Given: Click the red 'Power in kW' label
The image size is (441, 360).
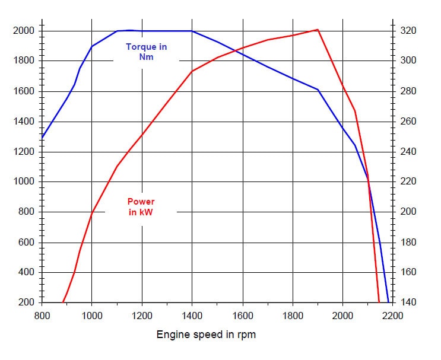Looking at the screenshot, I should (x=141, y=207).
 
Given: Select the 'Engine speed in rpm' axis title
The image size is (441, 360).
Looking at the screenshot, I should (x=206, y=334).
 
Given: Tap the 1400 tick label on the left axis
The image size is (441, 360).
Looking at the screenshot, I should (x=24, y=122).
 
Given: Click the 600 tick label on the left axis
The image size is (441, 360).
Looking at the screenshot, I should (x=27, y=243).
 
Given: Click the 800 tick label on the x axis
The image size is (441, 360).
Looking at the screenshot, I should (x=42, y=316).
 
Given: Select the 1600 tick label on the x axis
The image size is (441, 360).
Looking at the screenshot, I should (x=242, y=316).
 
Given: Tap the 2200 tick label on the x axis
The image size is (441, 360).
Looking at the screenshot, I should (x=392, y=316).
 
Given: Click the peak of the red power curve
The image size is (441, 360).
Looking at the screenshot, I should (x=318, y=30).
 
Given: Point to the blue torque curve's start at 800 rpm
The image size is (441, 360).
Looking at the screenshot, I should (x=42, y=138).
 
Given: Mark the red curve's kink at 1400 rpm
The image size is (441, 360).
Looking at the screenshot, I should (x=192, y=71).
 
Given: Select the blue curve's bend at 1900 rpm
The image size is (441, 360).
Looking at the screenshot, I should (x=318, y=90).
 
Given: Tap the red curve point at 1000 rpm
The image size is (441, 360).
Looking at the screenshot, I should (x=92, y=212).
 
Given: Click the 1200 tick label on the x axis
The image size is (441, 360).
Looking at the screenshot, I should (x=142, y=316).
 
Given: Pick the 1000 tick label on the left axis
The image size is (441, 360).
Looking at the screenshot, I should (x=24, y=182).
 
